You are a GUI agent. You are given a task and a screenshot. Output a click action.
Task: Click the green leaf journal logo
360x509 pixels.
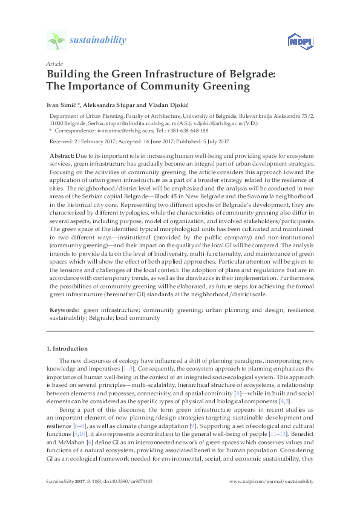57,41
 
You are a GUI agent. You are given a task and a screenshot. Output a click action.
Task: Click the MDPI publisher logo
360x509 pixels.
300,42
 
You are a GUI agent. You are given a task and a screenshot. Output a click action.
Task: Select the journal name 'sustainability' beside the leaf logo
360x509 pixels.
98,41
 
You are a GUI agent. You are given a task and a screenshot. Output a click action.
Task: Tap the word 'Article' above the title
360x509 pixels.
54,63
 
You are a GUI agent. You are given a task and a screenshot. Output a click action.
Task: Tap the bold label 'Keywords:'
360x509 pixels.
64,309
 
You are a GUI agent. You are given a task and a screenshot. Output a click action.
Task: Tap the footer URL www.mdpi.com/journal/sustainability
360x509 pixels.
272,481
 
